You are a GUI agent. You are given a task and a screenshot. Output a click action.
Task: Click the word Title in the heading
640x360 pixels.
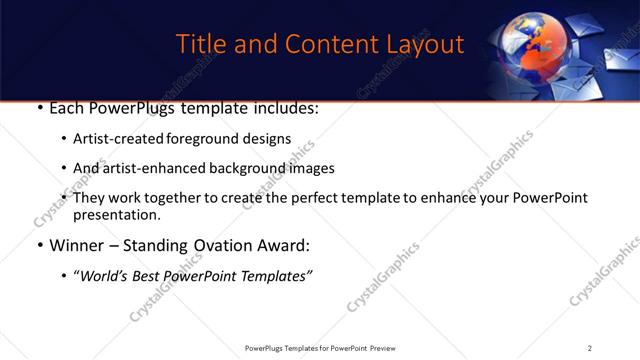point(199,45)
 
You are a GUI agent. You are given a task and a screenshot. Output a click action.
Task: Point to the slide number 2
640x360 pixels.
point(590,348)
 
